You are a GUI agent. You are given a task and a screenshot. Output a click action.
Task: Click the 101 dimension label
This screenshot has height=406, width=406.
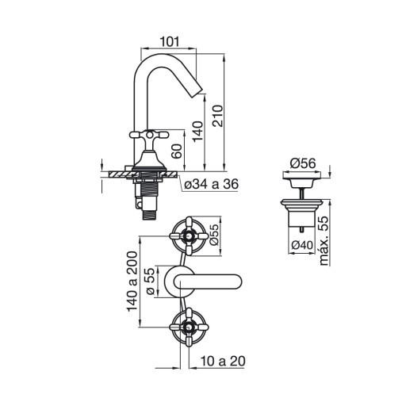170,42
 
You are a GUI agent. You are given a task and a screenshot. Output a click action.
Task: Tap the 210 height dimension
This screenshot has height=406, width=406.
218,116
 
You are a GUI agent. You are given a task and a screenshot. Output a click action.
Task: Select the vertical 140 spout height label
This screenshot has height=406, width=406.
197,132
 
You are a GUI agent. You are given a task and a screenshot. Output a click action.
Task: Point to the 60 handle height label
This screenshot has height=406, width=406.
177,151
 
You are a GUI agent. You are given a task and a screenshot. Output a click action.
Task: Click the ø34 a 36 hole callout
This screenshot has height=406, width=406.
212,184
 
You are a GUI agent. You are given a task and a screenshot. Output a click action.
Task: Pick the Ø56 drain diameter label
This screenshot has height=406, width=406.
303,163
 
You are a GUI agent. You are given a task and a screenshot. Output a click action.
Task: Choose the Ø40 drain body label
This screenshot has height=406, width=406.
302,245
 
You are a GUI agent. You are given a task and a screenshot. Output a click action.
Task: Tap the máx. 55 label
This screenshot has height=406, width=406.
324,240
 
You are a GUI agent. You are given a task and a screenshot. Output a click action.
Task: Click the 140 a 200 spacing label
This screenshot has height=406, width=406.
132,282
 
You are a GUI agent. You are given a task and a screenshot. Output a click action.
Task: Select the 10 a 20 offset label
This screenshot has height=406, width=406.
223,361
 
